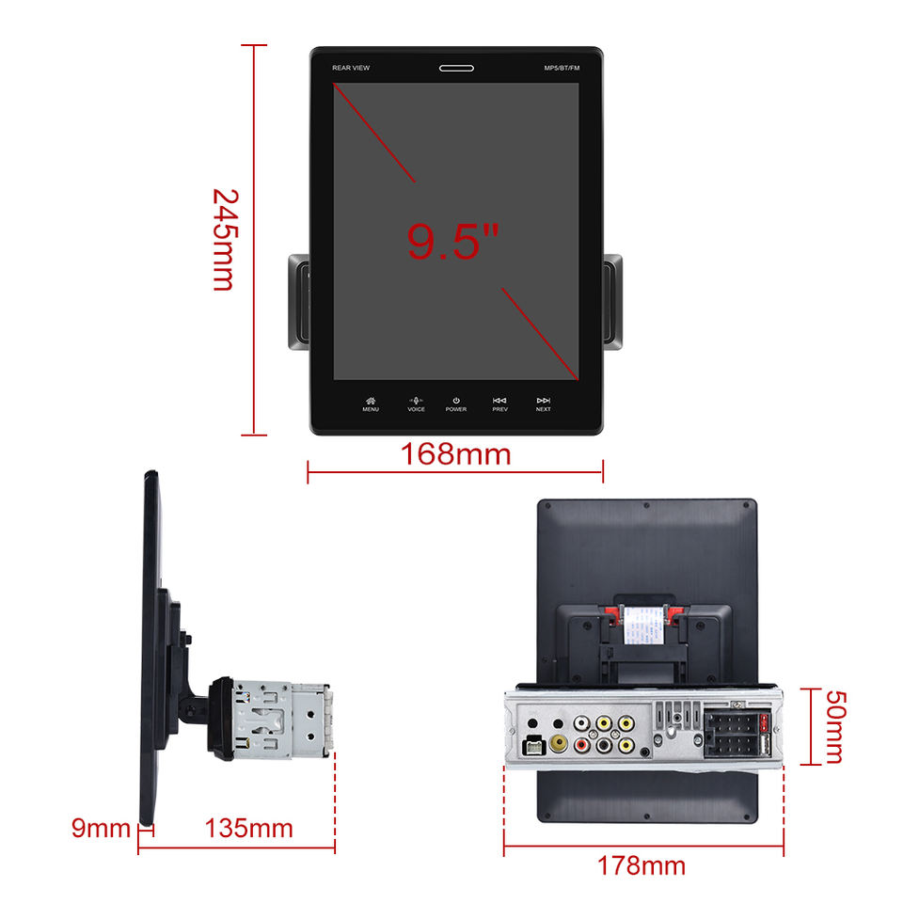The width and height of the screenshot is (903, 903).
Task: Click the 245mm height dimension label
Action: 224,240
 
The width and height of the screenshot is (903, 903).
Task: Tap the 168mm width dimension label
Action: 456,455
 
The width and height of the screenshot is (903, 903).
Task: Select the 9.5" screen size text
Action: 451,240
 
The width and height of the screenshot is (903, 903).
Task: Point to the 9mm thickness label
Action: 101,829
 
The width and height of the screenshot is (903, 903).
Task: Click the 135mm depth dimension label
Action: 249,829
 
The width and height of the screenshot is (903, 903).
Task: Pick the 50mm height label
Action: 833,726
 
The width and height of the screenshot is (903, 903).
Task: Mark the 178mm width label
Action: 642,865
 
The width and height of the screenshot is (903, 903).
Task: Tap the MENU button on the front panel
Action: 371,404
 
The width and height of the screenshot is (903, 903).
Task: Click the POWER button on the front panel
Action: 456,404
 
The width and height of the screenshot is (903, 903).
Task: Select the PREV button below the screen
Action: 500,404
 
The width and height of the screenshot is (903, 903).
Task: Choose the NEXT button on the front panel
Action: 544,404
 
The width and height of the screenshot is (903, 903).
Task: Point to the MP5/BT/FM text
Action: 561,69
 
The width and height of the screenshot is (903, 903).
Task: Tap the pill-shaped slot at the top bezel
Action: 456,68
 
